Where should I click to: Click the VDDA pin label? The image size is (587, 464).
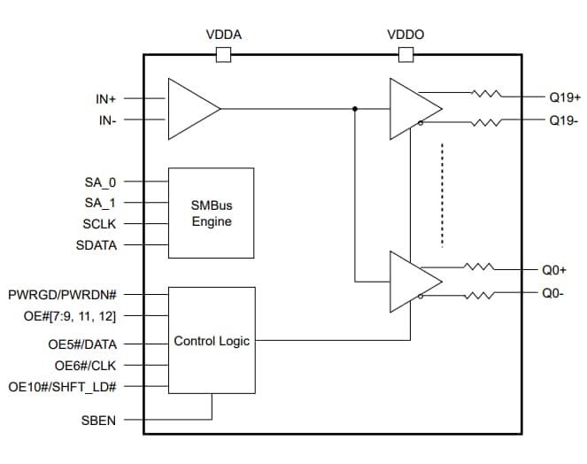tap(223, 35)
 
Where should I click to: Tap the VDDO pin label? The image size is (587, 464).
tap(405, 35)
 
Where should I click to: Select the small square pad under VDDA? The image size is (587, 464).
tap(223, 55)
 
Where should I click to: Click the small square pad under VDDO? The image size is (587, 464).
tap(405, 55)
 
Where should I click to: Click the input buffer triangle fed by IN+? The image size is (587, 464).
tap(191, 109)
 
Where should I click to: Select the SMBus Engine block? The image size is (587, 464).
tap(211, 213)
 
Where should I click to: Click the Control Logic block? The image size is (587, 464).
tap(211, 340)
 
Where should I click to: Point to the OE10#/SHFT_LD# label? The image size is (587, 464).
tap(63, 388)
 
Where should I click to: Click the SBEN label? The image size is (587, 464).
tap(98, 420)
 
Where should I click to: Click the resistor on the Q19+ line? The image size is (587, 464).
tap(486, 93)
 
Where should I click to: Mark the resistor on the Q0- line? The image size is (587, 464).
tap(486, 296)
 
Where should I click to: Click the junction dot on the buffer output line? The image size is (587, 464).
tap(355, 109)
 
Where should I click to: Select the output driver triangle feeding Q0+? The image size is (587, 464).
tap(413, 282)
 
